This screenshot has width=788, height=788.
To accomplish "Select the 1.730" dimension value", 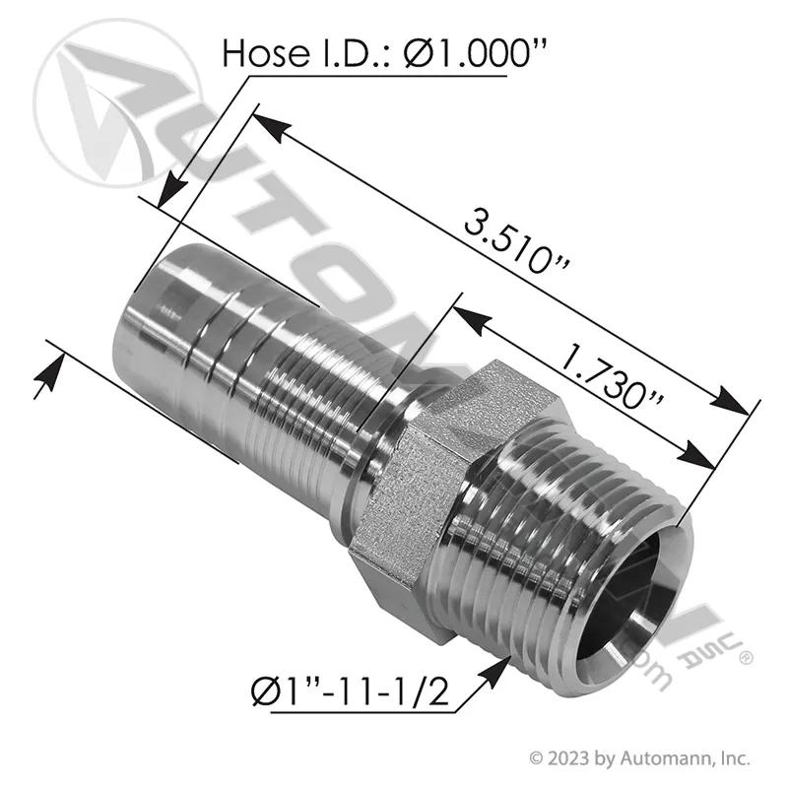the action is point(611,375).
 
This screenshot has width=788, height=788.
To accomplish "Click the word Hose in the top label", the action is point(266,54).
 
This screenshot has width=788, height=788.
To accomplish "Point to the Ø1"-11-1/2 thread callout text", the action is point(350,693).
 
